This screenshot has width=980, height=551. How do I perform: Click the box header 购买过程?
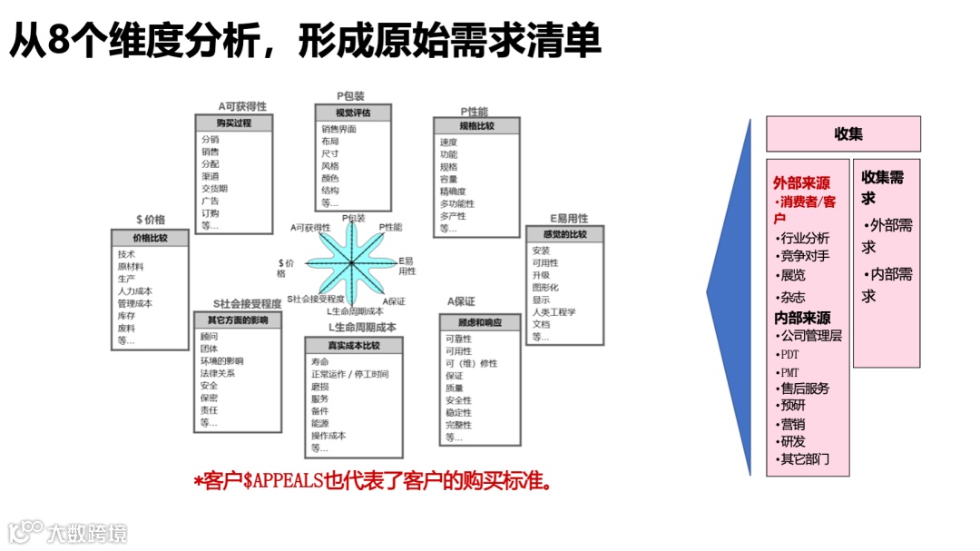[x=233, y=123]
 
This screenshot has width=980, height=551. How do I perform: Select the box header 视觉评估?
[x=353, y=113]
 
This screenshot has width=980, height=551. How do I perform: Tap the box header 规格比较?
[x=476, y=126]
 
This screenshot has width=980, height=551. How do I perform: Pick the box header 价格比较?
[x=151, y=238]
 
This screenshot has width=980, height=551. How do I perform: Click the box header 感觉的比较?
[x=564, y=235]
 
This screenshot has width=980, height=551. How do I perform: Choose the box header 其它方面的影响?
[x=238, y=320]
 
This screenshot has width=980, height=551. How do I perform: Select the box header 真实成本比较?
[x=353, y=345]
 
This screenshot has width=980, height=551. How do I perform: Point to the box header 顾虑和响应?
[x=480, y=322]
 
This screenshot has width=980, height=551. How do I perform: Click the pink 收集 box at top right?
[x=843, y=133]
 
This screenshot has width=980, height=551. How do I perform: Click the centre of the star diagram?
[x=351, y=263]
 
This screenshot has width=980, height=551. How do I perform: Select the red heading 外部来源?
[x=801, y=183]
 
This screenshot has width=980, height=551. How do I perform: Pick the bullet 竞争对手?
[x=805, y=256]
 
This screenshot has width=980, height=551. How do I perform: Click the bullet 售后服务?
[x=805, y=388]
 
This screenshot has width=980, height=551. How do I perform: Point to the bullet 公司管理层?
[x=810, y=335]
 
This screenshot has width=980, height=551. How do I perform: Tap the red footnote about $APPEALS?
[x=374, y=480]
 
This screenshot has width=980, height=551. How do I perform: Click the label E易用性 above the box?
[x=569, y=219]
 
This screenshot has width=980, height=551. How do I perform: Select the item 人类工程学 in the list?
[x=554, y=311]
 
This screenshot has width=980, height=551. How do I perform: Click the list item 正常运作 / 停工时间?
[x=349, y=374]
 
